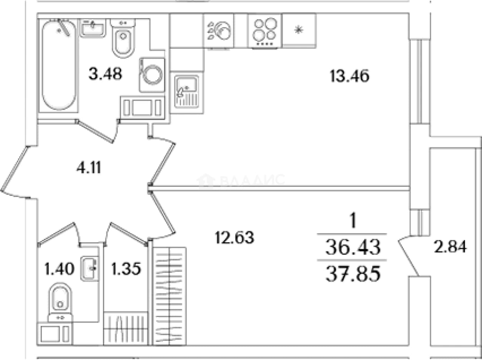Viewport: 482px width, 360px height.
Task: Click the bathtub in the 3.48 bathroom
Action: point(59,65)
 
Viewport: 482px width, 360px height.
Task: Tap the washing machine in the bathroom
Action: point(152,75)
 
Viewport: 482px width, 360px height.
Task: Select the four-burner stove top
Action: point(265,31)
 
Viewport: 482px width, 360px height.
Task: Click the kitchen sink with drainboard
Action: point(187,92)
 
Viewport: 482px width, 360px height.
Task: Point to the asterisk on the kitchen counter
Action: point(299,30)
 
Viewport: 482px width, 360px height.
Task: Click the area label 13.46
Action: point(350,76)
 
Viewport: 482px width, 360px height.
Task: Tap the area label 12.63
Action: point(234,237)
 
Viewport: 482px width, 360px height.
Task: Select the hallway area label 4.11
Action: point(89,167)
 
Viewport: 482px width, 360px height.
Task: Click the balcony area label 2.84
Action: point(450,247)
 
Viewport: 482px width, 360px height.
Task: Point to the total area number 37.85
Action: point(353,273)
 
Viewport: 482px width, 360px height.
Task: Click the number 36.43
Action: point(353,247)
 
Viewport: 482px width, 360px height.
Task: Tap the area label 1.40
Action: point(60,268)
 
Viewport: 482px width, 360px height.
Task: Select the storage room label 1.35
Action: point(126,268)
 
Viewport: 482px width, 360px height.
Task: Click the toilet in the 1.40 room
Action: point(60,302)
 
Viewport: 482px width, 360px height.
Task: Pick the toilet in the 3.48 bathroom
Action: point(123,38)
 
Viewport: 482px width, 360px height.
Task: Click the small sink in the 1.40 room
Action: point(90,268)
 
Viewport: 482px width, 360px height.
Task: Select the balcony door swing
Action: point(409,255)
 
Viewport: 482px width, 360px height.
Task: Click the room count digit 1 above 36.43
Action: point(353,220)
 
